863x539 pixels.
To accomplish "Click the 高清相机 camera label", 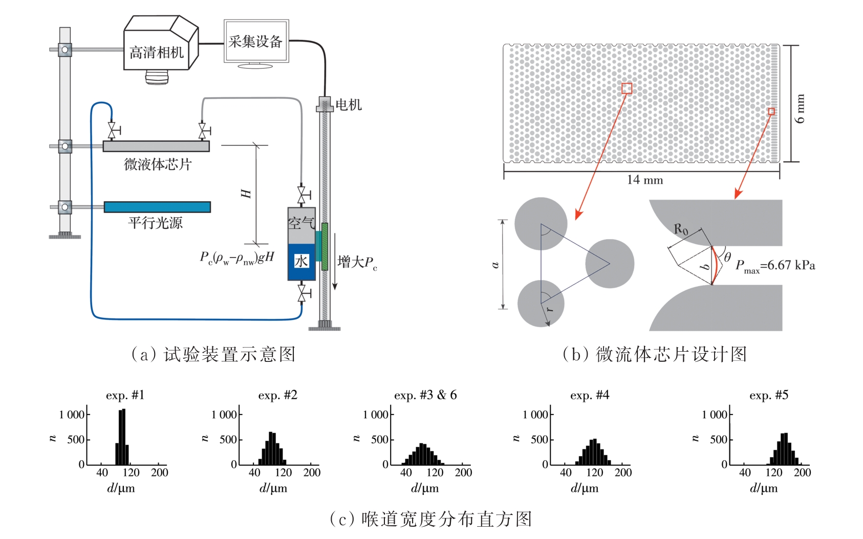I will click(x=156, y=53).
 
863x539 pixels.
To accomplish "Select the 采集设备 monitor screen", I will click(x=256, y=41).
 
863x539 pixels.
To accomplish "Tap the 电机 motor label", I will click(x=349, y=105).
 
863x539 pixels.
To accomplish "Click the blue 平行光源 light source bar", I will click(x=157, y=207).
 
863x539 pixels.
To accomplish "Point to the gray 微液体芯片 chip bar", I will click(x=156, y=146).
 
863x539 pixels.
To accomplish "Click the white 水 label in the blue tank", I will click(x=301, y=261).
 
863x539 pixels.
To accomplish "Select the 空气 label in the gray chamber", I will click(x=301, y=223).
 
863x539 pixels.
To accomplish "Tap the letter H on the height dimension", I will click(x=246, y=193).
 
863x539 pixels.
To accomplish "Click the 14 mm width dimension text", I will click(x=644, y=180).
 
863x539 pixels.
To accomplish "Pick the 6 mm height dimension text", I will click(x=800, y=109).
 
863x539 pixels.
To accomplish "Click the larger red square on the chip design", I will click(x=627, y=89).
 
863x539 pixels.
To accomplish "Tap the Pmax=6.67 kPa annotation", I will click(x=775, y=266).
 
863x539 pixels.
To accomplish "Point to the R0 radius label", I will click(x=681, y=229).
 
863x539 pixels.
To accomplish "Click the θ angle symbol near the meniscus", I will click(x=727, y=257).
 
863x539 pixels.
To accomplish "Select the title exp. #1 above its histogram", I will click(x=125, y=395).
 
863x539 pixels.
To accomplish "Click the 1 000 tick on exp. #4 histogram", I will click(x=535, y=415).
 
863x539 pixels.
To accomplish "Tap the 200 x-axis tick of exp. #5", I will click(x=802, y=472).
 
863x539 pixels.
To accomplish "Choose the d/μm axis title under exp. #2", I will click(x=273, y=488).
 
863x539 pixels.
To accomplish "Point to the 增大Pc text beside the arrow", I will click(x=357, y=263).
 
